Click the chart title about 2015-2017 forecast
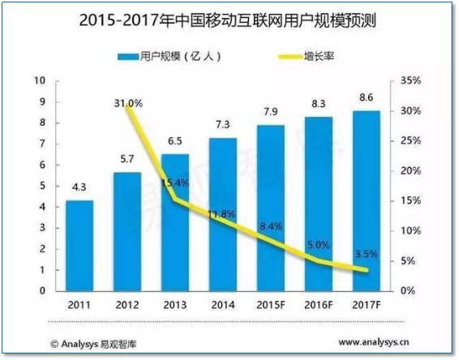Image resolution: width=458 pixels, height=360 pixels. coord(229,21)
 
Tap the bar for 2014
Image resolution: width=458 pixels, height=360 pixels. coord(222,214)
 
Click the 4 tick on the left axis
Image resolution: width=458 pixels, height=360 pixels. coord(41,207)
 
